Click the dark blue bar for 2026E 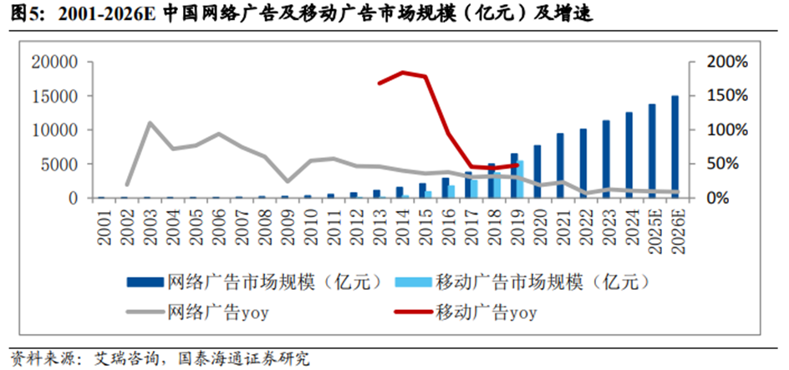[x=674, y=147]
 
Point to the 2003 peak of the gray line [x=150, y=123]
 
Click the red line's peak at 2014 [x=403, y=73]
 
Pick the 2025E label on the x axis [x=652, y=229]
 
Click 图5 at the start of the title [x=18, y=14]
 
